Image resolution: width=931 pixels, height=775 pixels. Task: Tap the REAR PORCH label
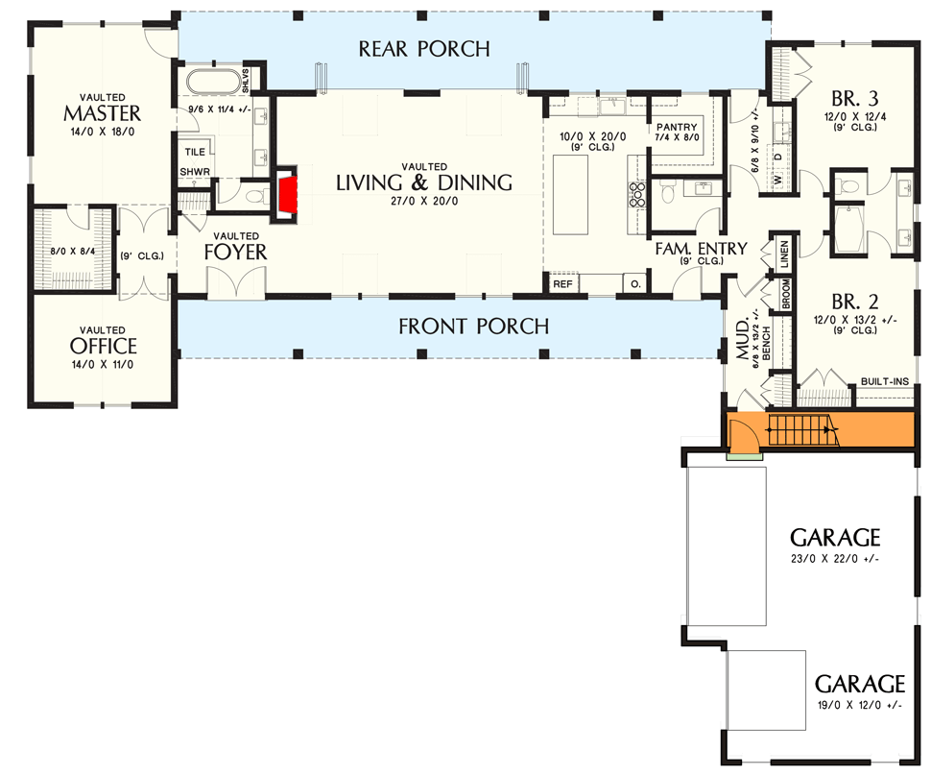coord(424,48)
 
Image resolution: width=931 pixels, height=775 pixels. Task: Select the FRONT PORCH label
coord(474,327)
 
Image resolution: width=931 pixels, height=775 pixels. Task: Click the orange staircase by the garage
coord(804,431)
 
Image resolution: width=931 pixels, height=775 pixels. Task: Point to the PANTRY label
coord(677,127)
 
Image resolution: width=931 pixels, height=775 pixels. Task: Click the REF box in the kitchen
coord(561,284)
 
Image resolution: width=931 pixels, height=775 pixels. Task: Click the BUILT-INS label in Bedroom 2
coord(884,381)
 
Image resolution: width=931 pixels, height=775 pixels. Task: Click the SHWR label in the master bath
coord(195,172)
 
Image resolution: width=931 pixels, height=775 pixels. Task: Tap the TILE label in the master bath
coord(195,152)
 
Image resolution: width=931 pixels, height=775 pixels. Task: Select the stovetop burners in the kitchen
coord(635,195)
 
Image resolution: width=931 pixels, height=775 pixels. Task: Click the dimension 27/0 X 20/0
coord(423,203)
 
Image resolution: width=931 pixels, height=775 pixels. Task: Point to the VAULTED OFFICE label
coord(103,344)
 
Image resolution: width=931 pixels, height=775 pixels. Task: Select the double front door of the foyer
coord(232,285)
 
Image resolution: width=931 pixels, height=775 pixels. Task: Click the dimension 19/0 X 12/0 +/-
coord(859,705)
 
